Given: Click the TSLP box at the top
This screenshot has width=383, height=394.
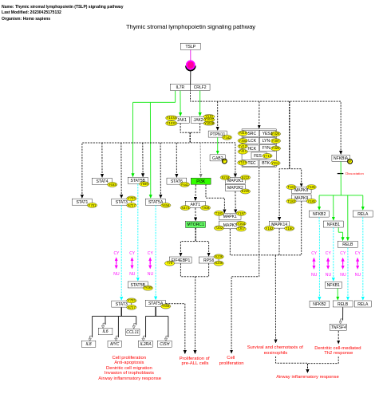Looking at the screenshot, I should [190, 46].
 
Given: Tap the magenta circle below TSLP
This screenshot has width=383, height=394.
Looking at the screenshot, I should [191, 65].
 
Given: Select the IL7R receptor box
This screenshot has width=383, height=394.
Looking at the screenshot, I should [180, 87].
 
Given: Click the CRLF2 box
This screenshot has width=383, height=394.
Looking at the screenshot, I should [199, 87].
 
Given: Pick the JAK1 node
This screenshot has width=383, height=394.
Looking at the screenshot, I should [182, 120].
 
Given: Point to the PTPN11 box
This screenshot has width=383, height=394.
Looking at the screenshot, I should [217, 134].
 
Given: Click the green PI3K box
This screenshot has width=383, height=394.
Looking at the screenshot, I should [200, 181].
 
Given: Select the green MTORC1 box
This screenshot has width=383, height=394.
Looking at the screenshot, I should [195, 224].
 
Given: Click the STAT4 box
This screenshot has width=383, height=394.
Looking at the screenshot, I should [101, 181].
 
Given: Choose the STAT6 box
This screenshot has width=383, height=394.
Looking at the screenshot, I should [176, 181].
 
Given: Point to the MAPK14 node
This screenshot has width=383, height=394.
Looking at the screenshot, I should [279, 224].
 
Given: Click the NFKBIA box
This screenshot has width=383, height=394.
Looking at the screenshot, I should [340, 158].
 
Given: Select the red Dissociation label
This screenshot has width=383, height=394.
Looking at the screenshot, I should [354, 173].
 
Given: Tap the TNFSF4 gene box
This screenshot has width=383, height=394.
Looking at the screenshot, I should [338, 327].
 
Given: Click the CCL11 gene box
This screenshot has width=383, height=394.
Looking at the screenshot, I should [132, 331].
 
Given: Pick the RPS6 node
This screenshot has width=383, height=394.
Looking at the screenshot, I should [208, 259].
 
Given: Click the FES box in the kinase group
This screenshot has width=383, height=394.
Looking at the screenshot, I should [257, 156].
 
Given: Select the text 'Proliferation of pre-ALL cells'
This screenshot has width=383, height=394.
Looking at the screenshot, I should [194, 361].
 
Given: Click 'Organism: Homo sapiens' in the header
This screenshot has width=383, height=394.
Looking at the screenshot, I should [26, 18].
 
